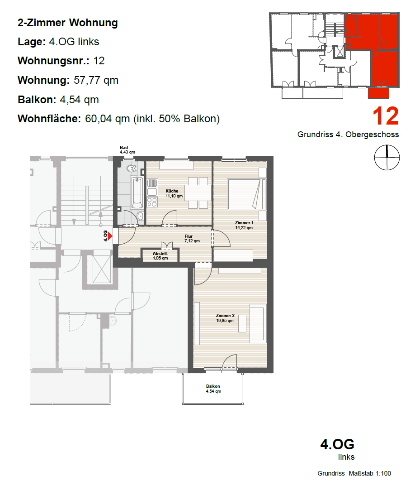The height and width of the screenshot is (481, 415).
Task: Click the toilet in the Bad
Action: coord(132,168)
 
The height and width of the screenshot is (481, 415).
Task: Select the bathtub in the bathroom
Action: coord(137,192)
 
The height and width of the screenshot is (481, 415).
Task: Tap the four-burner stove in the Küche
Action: coord(152,202)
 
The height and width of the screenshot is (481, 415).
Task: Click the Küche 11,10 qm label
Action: coord(174,193)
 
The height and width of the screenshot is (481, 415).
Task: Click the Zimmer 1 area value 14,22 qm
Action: coord(244,228)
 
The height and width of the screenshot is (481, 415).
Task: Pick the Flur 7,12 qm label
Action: coord(192,239)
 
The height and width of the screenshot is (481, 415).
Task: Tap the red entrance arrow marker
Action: coord(110,236)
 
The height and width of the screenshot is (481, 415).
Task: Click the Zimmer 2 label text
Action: coord(225,316)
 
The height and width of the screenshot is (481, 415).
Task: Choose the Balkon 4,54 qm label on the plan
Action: coord(213,389)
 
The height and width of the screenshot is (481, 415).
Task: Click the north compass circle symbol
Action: coord(387,157)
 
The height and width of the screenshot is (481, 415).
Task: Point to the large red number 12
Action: coord(386,116)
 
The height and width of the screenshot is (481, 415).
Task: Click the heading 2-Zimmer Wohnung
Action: coord(68,23)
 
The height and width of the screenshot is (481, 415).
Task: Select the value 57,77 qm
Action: coord(96,80)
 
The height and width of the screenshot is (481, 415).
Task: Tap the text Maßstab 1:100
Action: coord(370,473)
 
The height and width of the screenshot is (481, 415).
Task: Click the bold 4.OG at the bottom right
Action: coord(337,444)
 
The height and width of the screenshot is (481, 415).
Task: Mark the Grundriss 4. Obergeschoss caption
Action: coord(348,135)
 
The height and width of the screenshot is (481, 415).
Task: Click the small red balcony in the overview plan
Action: coord(378,93)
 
